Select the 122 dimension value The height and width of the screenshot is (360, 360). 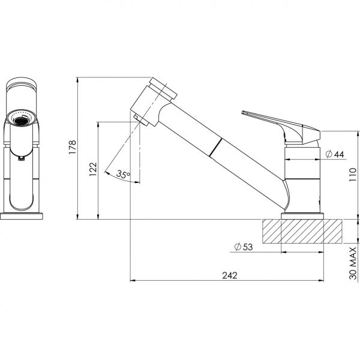point(92,170)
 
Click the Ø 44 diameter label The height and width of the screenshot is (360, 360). point(334,154)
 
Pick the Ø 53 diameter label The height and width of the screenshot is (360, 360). point(242,247)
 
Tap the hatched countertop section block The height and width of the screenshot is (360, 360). point(302,232)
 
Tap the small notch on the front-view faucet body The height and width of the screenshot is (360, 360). point(22,158)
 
